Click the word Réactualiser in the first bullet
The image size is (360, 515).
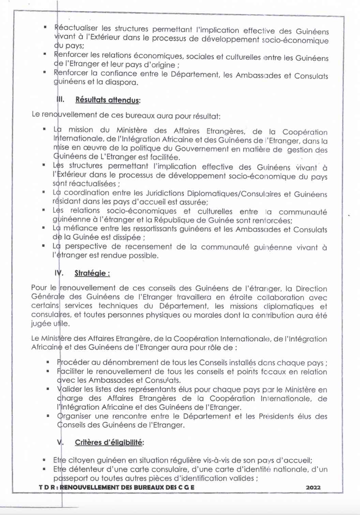tap(76, 28)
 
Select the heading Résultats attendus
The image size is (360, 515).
tap(108, 100)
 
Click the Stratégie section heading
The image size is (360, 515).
tap(92, 273)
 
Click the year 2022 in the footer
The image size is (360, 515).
tap(313, 487)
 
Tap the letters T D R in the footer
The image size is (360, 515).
tap(48, 487)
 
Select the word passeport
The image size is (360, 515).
tap(70, 478)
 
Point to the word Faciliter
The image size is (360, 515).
tap(71, 371)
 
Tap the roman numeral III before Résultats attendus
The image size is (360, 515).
tap(60, 99)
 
